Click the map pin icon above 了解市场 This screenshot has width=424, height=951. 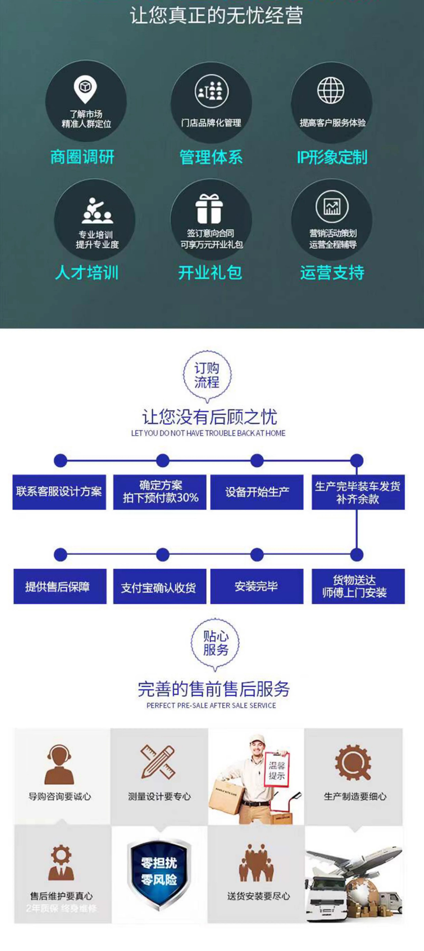pos(85,89)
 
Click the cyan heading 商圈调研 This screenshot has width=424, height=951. pos(82,157)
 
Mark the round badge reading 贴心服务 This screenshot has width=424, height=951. pos(215,643)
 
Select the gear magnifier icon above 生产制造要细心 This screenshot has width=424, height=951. pos(353,763)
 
